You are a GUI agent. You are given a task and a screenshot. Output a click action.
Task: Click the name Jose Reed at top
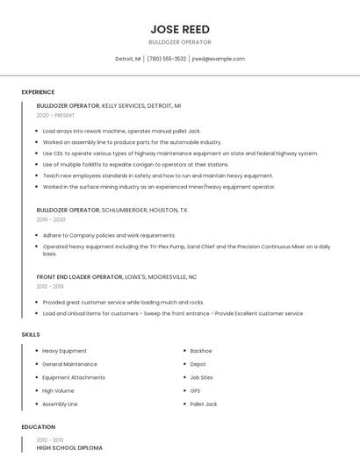coord(179,29)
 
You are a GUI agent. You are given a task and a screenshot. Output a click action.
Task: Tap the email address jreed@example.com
coord(218,59)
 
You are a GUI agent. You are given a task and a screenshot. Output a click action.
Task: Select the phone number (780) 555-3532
coord(166,59)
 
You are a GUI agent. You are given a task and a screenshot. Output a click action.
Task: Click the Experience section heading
coord(38,92)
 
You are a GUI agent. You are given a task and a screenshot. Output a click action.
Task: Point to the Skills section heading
coord(31,334)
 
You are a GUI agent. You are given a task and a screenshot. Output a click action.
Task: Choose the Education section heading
coord(38,426)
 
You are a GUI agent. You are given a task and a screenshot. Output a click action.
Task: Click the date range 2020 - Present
coord(55,115)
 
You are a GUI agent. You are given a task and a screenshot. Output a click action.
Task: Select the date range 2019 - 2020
coord(51,219)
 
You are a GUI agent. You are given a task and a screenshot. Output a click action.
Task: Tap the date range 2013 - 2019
coord(50,286)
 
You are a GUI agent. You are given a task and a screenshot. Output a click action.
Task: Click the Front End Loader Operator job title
coord(79,277)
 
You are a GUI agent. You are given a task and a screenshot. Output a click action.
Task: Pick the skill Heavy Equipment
coord(64,351)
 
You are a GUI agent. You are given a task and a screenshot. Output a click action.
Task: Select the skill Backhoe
coord(201,351)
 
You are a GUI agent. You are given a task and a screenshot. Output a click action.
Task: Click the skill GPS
coord(195,390)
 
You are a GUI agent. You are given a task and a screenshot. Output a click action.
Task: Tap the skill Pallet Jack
coord(204,404)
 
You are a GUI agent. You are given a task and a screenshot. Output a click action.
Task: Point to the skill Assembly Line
coord(60,404)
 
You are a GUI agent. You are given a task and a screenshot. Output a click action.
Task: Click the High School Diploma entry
coord(69,447)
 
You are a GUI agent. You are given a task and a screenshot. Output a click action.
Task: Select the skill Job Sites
coord(201,377)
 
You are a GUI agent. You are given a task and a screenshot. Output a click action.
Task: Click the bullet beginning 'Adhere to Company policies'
coord(109,235)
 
